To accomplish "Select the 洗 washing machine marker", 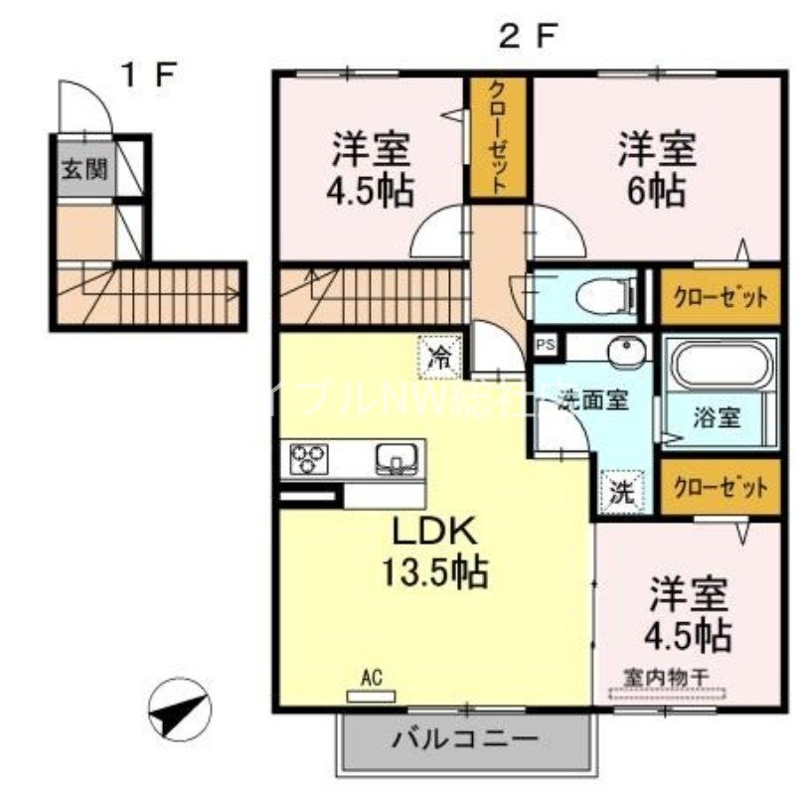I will (622, 490).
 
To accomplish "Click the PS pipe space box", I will (545, 345).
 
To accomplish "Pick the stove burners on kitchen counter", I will (309, 458).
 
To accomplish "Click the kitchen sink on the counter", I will (397, 458).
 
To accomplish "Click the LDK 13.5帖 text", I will (435, 551).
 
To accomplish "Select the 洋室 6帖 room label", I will (656, 168).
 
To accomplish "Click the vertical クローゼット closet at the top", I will (499, 137).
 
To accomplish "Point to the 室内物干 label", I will (666, 677).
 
